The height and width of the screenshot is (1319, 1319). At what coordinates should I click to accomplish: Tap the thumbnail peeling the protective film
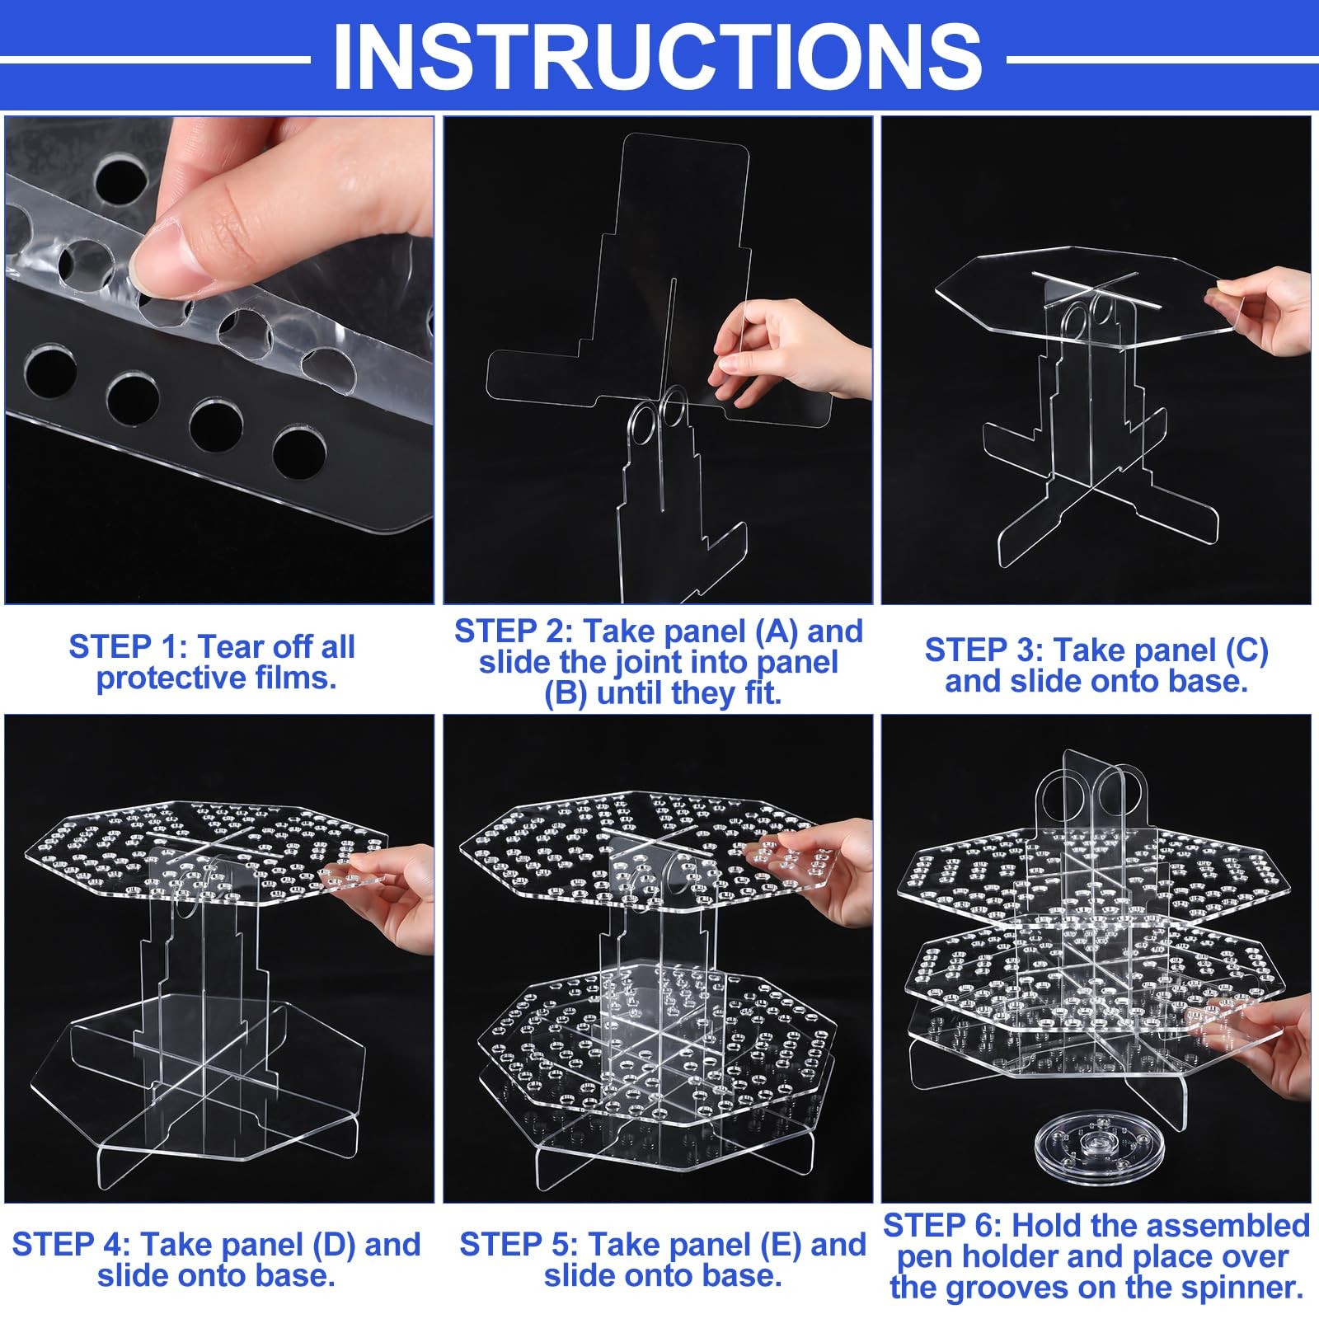[x=219, y=359]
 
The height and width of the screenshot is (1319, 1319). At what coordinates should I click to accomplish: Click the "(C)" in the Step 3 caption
[x=1240, y=651]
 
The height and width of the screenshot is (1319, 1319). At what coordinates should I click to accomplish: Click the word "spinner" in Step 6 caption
[x=1242, y=1288]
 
